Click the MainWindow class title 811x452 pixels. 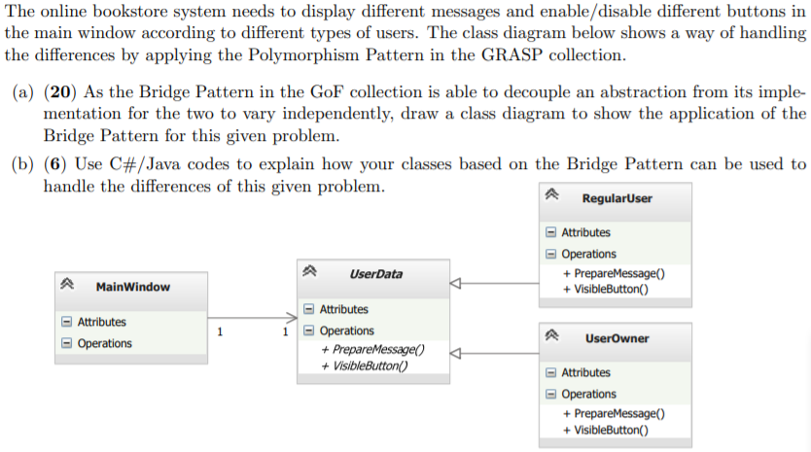(x=133, y=287)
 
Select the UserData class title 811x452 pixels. (x=375, y=274)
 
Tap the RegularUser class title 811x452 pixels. (x=617, y=198)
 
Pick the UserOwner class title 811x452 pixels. (x=617, y=338)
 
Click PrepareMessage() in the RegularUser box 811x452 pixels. (x=614, y=274)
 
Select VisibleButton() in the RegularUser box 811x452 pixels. (x=606, y=289)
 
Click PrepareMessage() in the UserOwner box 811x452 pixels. (x=614, y=414)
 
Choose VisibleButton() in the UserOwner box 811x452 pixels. (x=606, y=429)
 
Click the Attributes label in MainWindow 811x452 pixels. (x=101, y=322)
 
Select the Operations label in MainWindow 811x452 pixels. (x=104, y=343)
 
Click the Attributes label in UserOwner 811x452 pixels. (x=585, y=372)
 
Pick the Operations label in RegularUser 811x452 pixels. (x=588, y=254)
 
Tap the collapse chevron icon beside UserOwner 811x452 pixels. (x=553, y=338)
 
